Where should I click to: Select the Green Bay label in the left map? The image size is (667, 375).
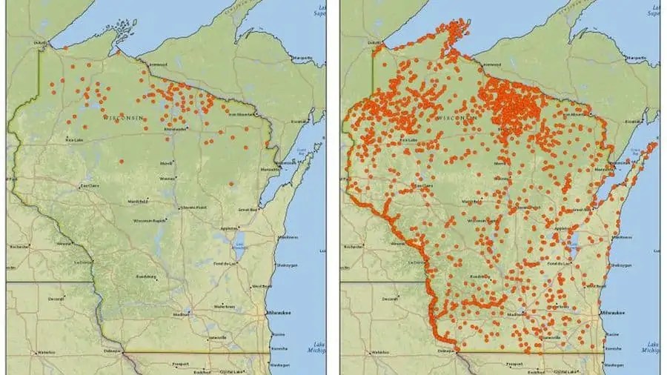pyautogui.click(x=248, y=210)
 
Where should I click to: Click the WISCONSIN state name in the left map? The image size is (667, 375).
pyautogui.click(x=122, y=118)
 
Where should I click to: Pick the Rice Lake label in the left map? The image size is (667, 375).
pyautogui.click(x=74, y=139)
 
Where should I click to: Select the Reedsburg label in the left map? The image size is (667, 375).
pyautogui.click(x=145, y=277)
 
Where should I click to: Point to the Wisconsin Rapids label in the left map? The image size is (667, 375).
pyautogui.click(x=148, y=221)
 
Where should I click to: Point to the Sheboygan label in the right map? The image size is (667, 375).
pyautogui.click(x=621, y=265)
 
